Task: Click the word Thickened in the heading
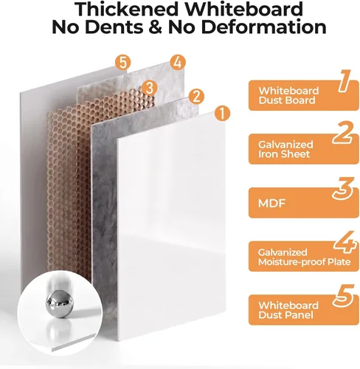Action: tap(126, 10)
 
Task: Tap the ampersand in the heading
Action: tap(155, 27)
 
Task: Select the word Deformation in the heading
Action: tap(263, 27)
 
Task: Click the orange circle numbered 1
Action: tap(222, 114)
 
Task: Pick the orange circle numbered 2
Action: tap(196, 96)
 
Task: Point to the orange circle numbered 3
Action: tap(150, 88)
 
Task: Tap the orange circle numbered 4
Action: tap(178, 62)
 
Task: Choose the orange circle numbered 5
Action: tap(123, 63)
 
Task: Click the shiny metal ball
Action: tap(60, 303)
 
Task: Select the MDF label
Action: tap(271, 203)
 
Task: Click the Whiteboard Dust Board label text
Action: tap(288, 95)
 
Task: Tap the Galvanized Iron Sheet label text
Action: tap(285, 149)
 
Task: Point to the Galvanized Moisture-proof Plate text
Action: tap(305, 257)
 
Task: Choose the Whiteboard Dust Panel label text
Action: tap(288, 310)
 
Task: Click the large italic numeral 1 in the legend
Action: tap(344, 81)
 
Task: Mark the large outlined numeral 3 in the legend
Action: tap(343, 188)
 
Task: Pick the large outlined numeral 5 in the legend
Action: tap(343, 296)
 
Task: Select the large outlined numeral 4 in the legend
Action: tap(345, 242)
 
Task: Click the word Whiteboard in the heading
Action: tap(244, 10)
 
